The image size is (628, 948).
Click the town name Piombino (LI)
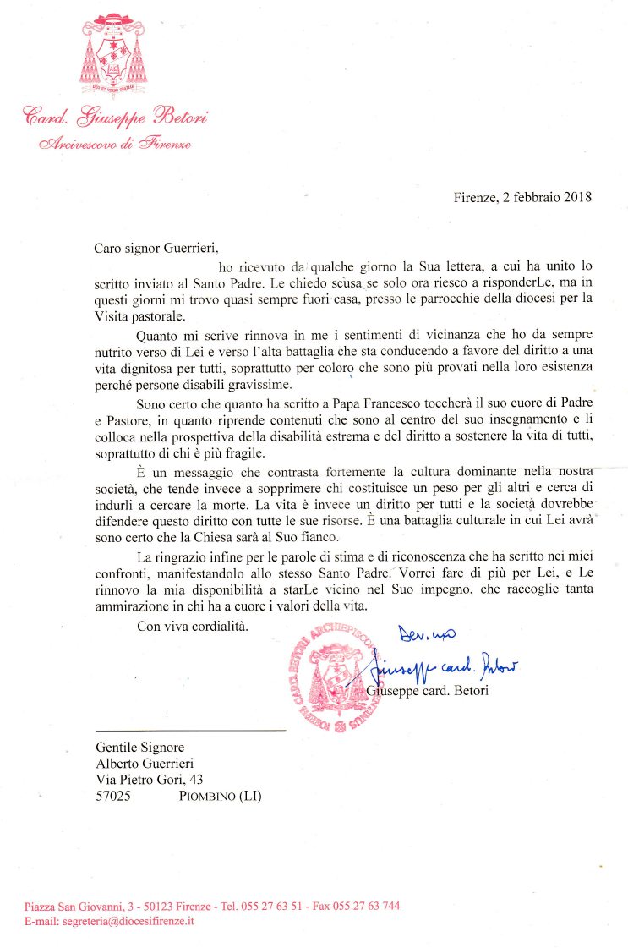point(221,796)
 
